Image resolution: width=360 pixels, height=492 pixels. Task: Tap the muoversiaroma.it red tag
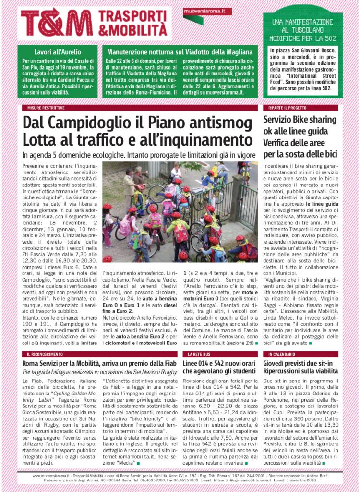pyautogui.click(x=207, y=11)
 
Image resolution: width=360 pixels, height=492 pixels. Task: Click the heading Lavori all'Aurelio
pyautogui.click(x=58, y=51)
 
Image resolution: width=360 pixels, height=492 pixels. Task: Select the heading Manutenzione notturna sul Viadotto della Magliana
pyautogui.click(x=180, y=51)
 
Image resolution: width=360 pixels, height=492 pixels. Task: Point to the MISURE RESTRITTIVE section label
pyautogui.click(x=45, y=108)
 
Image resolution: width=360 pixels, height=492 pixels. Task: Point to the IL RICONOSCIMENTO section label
pyautogui.click(x=44, y=354)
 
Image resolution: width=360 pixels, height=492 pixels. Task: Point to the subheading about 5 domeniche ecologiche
pyautogui.click(x=137, y=155)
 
